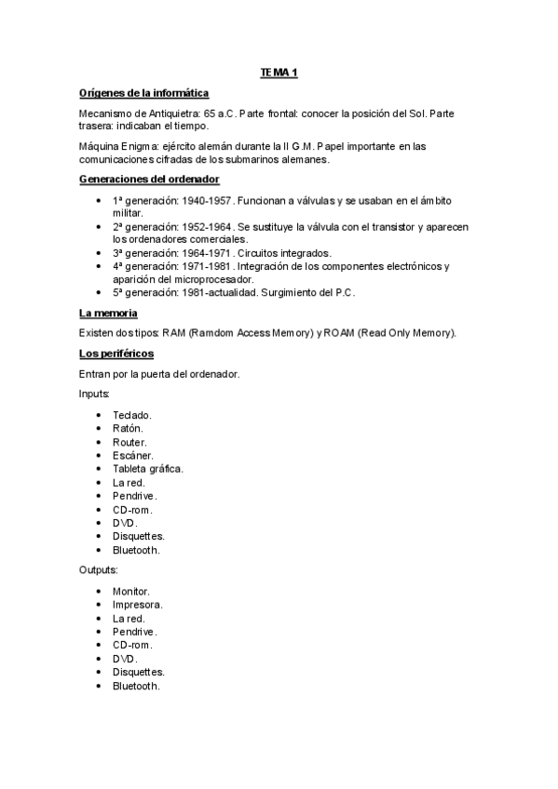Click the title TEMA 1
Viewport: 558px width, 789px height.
pyautogui.click(x=279, y=73)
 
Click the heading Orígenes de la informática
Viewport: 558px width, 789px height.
pyautogui.click(x=144, y=93)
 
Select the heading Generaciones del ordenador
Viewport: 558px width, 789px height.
pyautogui.click(x=150, y=180)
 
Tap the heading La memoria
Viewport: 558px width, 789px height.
pyautogui.click(x=109, y=314)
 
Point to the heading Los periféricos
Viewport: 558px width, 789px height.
pyautogui.click(x=117, y=354)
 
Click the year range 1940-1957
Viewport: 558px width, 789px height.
pyautogui.click(x=205, y=200)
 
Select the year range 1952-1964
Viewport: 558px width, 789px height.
pyautogui.click(x=206, y=227)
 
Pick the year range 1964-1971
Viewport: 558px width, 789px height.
pyautogui.click(x=206, y=253)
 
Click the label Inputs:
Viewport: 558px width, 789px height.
pyautogui.click(x=95, y=394)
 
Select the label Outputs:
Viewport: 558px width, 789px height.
pyautogui.click(x=99, y=569)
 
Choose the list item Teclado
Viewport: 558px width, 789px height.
pyautogui.click(x=132, y=415)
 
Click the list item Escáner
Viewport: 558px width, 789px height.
pyautogui.click(x=133, y=455)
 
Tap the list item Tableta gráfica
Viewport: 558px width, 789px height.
pyautogui.click(x=147, y=469)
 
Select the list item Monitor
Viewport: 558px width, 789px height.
pyautogui.click(x=131, y=591)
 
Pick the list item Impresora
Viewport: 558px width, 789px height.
pyautogui.click(x=137, y=604)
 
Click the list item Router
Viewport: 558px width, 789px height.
pyautogui.click(x=129, y=442)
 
